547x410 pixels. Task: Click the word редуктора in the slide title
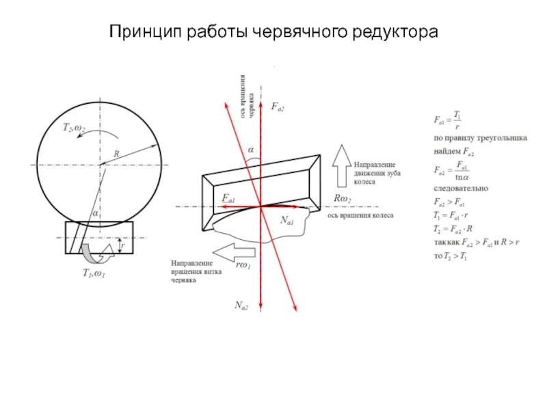tap(395, 32)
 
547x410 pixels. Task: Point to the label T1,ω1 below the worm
tap(95, 274)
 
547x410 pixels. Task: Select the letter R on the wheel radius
tap(116, 155)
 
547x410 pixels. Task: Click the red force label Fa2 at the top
tap(278, 107)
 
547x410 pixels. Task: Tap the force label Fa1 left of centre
tap(230, 198)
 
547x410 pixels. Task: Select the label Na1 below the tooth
tap(286, 221)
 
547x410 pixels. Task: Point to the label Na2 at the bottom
tap(241, 307)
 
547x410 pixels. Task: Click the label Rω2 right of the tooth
tap(342, 198)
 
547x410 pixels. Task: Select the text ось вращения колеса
tap(360, 214)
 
